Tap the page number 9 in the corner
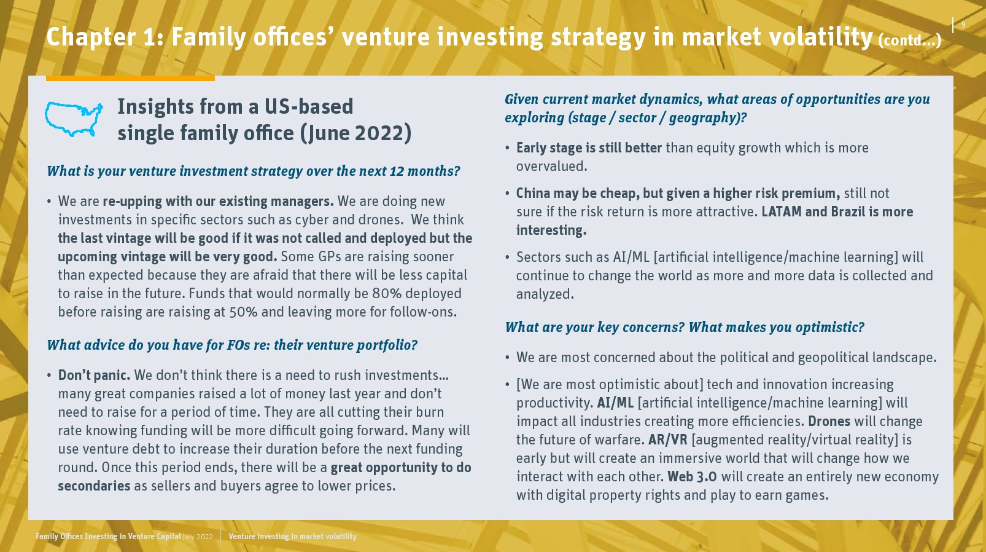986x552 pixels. [x=963, y=25]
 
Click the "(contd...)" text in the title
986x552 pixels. [x=909, y=41]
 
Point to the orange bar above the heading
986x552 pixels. [x=130, y=78]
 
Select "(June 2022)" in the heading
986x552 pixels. [x=355, y=133]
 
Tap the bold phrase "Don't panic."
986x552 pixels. [x=94, y=375]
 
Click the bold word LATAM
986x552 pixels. [x=782, y=212]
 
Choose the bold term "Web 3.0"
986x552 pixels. [x=692, y=476]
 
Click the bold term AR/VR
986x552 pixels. [x=668, y=440]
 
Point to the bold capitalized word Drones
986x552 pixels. [x=829, y=421]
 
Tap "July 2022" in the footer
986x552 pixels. [x=198, y=537]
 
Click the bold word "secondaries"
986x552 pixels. [x=94, y=486]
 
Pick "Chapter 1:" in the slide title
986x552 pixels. [x=105, y=37]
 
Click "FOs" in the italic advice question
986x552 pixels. [x=239, y=345]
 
